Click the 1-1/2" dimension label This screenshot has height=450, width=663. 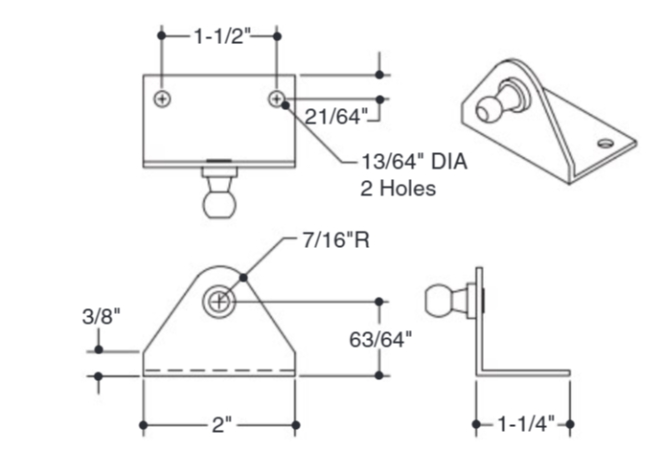(x=219, y=35)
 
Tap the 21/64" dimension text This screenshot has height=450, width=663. (x=335, y=117)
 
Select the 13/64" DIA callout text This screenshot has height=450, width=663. (x=413, y=163)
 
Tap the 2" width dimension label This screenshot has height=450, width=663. (x=220, y=424)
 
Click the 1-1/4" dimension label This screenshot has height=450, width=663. (x=523, y=424)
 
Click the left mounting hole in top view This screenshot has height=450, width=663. (x=165, y=99)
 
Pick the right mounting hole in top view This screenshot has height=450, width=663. (x=277, y=99)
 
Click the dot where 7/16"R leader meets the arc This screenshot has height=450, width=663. (x=245, y=278)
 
